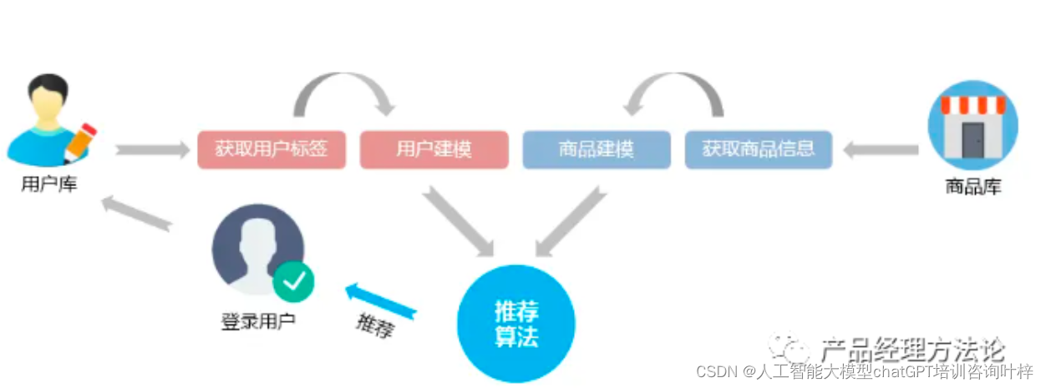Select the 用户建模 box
point(434,150)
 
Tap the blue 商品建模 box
point(596,150)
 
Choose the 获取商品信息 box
point(758,150)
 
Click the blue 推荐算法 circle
point(516,324)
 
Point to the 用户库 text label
point(49,185)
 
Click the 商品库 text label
point(973,187)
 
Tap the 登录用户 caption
point(258,320)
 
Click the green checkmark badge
point(293,282)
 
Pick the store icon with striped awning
point(973,125)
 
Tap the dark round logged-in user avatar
point(256,250)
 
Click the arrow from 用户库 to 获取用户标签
point(153,150)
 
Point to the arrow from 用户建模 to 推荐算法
point(458,220)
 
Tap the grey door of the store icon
point(973,140)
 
